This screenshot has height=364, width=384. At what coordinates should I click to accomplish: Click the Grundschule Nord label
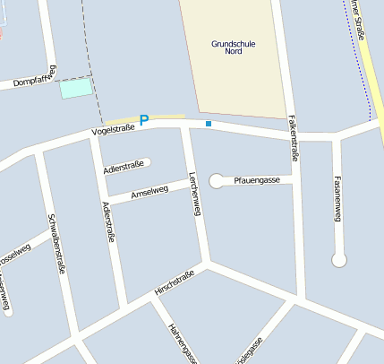(233, 47)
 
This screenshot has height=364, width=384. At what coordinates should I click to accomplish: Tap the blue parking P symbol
(143, 119)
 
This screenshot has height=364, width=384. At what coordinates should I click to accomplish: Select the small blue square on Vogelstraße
(209, 124)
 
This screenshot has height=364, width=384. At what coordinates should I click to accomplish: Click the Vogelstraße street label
(113, 132)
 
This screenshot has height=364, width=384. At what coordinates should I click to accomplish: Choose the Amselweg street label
(149, 191)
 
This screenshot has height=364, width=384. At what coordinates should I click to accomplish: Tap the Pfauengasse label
(258, 181)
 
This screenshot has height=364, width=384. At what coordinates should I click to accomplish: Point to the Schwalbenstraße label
(57, 242)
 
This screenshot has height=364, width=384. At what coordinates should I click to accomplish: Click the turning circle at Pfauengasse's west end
(216, 181)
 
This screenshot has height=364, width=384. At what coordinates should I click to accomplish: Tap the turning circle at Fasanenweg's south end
(338, 260)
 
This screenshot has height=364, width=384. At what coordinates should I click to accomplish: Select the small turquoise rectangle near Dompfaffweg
(76, 88)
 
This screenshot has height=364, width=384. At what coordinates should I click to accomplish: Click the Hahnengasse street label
(183, 343)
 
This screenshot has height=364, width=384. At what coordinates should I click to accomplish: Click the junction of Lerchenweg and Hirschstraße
(209, 263)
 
